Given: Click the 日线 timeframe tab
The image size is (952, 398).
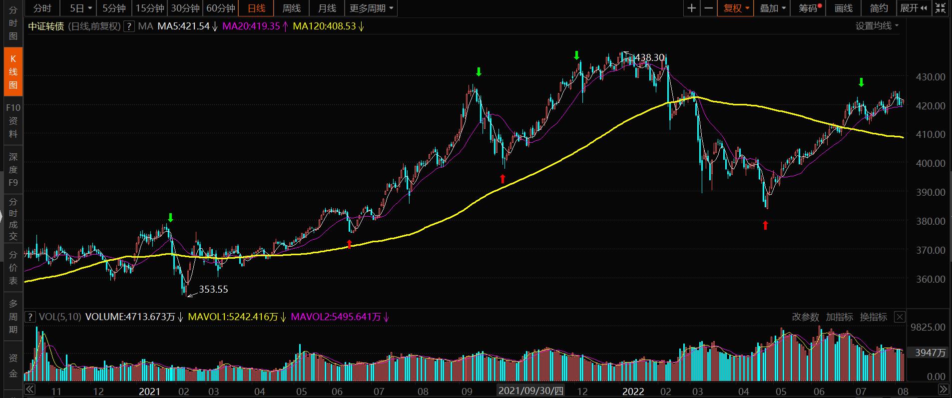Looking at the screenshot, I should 257,8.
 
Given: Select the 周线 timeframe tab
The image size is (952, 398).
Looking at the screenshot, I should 292,8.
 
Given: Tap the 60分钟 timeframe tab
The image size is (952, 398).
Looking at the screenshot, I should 221,8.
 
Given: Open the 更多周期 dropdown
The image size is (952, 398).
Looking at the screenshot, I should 371,8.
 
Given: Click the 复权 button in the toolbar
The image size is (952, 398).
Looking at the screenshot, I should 735,8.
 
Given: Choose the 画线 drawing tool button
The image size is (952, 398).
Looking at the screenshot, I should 844,8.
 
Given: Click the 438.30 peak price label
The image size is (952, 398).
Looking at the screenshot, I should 650,57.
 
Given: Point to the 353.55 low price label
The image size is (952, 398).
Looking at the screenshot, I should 213,289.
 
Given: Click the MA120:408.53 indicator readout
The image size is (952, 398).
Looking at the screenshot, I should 324,26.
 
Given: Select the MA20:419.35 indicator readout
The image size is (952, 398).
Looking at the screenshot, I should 251,26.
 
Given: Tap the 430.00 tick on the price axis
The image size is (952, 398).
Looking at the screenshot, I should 931,77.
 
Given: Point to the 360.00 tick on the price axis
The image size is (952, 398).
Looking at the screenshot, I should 931,279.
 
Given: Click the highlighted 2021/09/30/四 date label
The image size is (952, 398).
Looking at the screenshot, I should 530,391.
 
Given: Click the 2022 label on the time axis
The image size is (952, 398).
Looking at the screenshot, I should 633,391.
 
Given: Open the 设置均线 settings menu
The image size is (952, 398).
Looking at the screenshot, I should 877,26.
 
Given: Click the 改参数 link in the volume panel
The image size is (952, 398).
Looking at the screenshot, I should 805,317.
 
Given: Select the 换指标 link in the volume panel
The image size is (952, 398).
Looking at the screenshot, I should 873,317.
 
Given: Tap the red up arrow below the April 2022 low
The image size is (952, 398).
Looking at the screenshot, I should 765,226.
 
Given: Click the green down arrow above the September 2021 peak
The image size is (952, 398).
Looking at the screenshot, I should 478,72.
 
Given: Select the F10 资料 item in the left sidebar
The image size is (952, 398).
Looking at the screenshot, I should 13,120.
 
